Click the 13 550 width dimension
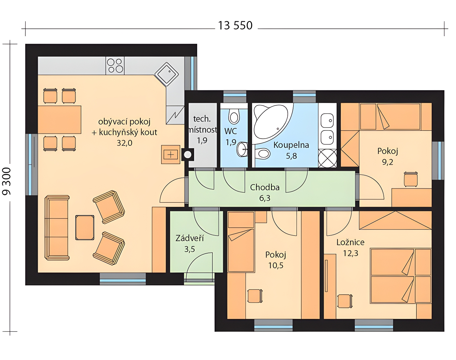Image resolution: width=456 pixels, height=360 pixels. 235,25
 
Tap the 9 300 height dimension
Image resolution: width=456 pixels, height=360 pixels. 7,181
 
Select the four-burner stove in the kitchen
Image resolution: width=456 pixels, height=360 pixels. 115,65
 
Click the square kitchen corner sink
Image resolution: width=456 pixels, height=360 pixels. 166,74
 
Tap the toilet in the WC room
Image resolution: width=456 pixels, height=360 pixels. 234,116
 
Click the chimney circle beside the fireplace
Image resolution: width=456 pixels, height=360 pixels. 187,155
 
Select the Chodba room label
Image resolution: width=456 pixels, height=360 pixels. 265,187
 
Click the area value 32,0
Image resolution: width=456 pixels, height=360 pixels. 124,143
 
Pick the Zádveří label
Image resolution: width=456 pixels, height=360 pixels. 189,238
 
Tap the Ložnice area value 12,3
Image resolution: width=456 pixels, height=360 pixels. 351,253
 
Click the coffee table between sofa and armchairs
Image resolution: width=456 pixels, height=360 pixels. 85,228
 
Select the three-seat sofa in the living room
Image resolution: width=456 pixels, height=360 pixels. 57,228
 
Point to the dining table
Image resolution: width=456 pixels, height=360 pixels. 59,120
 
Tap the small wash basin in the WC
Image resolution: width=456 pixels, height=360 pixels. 242,149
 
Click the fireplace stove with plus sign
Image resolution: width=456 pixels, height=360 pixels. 171,154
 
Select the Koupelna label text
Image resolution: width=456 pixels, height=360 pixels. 291,145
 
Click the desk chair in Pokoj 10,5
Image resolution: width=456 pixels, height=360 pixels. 255,296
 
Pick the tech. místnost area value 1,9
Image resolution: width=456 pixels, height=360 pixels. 202,140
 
